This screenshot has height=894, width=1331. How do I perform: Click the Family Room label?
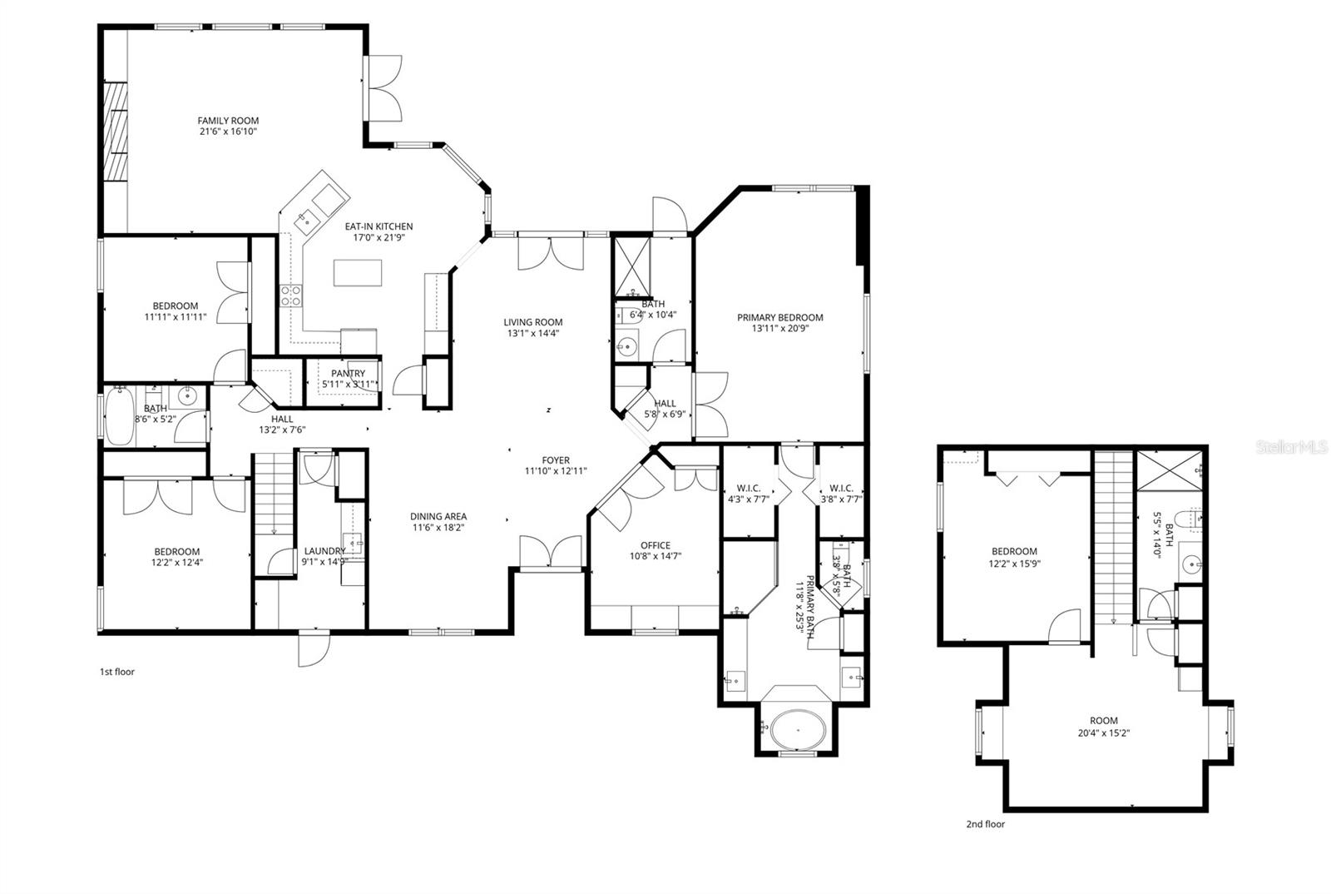tap(228, 121)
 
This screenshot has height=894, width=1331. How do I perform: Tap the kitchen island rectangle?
tap(358, 273)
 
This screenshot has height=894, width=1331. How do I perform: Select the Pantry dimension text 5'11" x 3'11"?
tap(348, 385)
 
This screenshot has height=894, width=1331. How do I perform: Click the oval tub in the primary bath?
tap(796, 729)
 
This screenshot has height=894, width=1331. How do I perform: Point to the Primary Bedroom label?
tap(779, 317)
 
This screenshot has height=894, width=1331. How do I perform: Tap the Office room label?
tap(655, 545)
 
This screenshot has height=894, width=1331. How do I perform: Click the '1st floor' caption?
tap(116, 671)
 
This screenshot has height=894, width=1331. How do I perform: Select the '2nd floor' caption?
tap(985, 824)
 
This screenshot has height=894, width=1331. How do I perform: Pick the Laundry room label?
tap(324, 551)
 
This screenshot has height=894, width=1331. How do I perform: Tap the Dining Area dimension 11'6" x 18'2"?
tap(438, 527)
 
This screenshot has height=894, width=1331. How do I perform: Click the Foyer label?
tap(556, 460)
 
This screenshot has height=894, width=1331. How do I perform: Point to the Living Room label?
tap(532, 322)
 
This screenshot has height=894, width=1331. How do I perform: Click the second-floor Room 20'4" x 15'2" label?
tap(1104, 721)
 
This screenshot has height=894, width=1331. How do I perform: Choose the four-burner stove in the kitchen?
tap(290, 296)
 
